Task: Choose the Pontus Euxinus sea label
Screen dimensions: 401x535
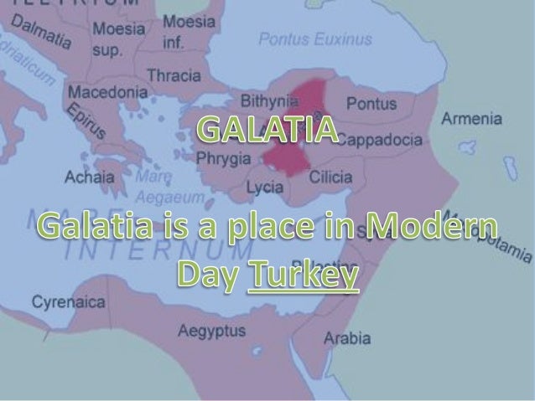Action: click(314, 39)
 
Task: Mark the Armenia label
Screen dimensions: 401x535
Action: click(472, 119)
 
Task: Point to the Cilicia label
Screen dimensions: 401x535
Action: click(331, 177)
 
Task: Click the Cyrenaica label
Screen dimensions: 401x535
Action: click(64, 301)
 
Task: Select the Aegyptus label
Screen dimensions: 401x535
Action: click(211, 332)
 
